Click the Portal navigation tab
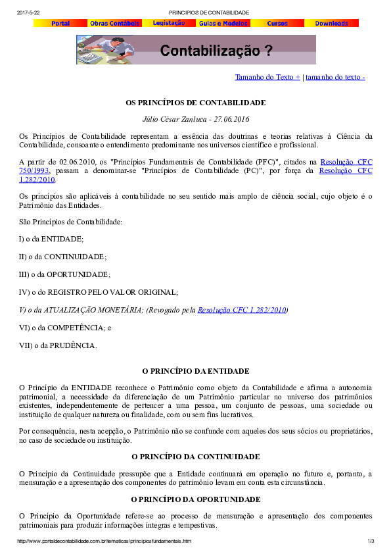(x=60, y=23)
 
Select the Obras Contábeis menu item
(x=114, y=23)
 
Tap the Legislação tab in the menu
(x=169, y=23)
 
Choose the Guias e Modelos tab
(x=223, y=23)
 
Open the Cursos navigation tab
(x=277, y=23)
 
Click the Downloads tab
(x=331, y=23)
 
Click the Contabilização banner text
(x=216, y=51)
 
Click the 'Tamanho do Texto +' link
(x=267, y=77)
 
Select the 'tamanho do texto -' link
(x=335, y=77)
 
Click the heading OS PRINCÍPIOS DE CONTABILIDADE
(x=196, y=103)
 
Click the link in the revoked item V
(x=242, y=309)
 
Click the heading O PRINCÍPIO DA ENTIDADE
(x=196, y=371)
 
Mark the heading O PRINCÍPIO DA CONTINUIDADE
(x=196, y=456)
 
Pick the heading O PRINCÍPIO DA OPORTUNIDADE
(x=196, y=499)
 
